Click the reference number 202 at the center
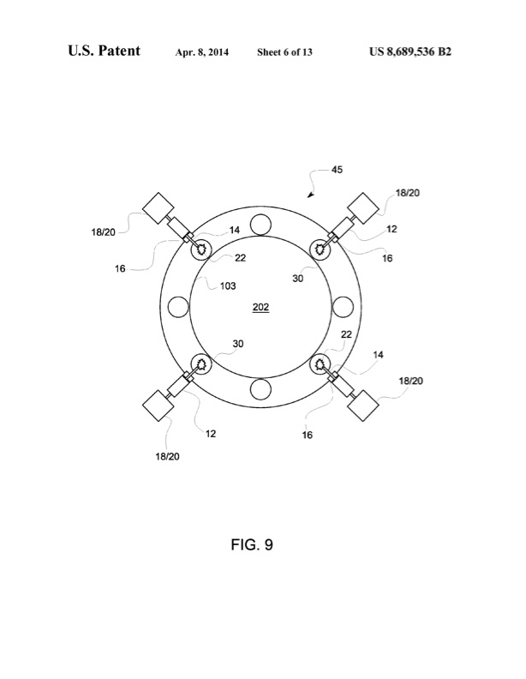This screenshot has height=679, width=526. point(260,306)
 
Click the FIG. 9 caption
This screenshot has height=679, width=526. point(262,544)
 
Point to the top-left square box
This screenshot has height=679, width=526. point(158,209)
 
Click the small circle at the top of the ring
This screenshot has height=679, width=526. point(261,225)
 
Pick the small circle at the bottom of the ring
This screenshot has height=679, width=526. point(261,389)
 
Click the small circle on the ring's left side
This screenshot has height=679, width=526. point(179,307)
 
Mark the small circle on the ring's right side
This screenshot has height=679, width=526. point(343,307)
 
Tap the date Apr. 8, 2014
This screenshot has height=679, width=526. point(204,52)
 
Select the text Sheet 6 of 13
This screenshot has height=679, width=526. point(284,52)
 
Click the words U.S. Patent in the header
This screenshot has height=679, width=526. point(105,51)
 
